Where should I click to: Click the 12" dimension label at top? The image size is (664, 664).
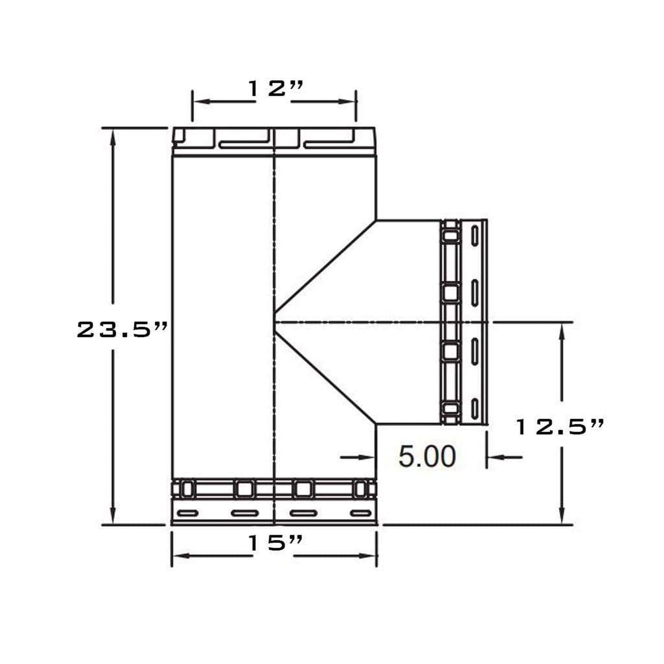coord(275,88)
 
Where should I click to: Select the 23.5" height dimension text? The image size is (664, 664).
coord(122,330)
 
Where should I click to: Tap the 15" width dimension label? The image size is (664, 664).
coord(275,543)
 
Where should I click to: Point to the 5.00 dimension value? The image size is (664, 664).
coord(427,456)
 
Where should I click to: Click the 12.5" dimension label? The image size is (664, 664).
coord(559,427)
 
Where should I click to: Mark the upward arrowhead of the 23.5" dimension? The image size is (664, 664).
coord(113,136)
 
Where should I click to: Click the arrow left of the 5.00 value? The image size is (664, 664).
coord(368,457)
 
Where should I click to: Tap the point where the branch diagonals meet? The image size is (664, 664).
coord(275,322)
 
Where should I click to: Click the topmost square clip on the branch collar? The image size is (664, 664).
coord(450,236)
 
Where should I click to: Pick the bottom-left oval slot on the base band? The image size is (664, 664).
coord(187,513)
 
